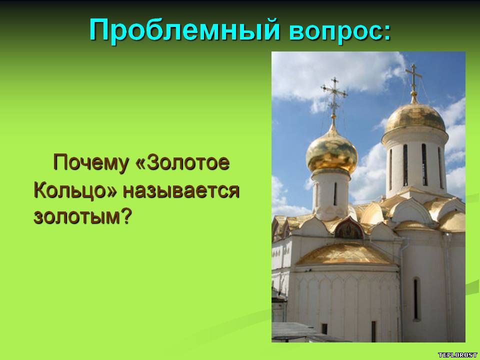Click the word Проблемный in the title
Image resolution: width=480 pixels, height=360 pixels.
(185, 30)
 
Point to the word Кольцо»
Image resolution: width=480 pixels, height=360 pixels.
(75, 190)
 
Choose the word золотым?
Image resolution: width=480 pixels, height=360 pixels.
(82, 216)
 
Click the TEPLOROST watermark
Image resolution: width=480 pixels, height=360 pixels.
(457, 355)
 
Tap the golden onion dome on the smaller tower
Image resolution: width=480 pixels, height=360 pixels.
(332, 152)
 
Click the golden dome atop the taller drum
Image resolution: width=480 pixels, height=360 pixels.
(415, 118)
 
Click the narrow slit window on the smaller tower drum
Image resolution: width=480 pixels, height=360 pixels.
(335, 194)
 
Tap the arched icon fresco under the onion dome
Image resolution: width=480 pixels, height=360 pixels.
(349, 228)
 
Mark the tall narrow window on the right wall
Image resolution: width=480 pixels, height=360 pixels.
(416, 298)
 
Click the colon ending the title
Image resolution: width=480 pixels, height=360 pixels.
(387, 34)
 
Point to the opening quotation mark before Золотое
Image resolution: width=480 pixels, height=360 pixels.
(140, 163)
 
